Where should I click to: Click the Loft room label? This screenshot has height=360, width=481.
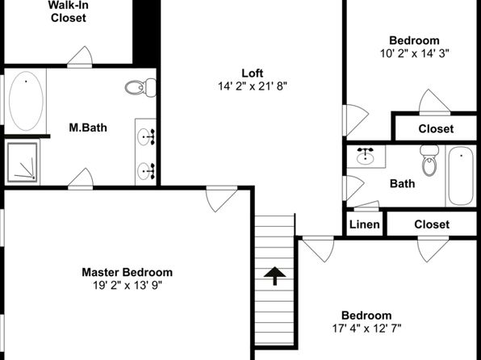(252, 73)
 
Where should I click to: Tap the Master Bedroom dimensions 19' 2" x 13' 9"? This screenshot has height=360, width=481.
(128, 286)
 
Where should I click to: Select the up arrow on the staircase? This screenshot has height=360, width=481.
(274, 276)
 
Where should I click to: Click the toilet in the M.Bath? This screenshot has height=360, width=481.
(140, 87)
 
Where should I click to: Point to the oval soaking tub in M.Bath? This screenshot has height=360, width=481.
(26, 101)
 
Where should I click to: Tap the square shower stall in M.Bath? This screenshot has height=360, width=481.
(23, 162)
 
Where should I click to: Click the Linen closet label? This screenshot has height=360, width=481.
(365, 224)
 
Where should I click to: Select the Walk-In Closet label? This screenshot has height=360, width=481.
(68, 11)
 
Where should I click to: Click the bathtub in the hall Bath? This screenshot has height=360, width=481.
(461, 175)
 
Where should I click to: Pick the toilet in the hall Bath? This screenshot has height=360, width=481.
(429, 161)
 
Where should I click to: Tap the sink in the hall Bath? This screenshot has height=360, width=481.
(365, 157)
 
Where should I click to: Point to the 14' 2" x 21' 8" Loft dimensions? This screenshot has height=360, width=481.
(252, 86)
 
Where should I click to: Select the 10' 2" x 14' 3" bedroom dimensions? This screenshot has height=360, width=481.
(415, 53)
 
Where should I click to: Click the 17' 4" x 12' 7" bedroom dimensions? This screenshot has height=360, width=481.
(366, 329)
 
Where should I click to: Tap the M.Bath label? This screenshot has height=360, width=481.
(88, 128)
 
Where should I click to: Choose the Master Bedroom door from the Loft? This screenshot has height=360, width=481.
(221, 199)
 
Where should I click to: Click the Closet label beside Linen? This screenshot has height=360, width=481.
(432, 224)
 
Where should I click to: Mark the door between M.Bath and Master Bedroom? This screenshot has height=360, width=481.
(81, 179)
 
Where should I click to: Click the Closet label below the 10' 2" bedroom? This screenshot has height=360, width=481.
(436, 128)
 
